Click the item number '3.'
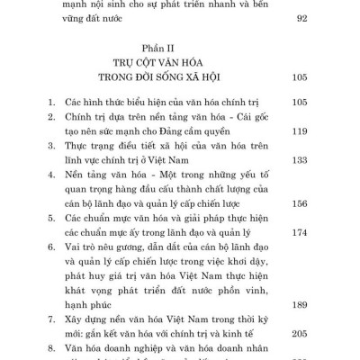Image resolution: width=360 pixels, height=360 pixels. pos(50,145)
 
